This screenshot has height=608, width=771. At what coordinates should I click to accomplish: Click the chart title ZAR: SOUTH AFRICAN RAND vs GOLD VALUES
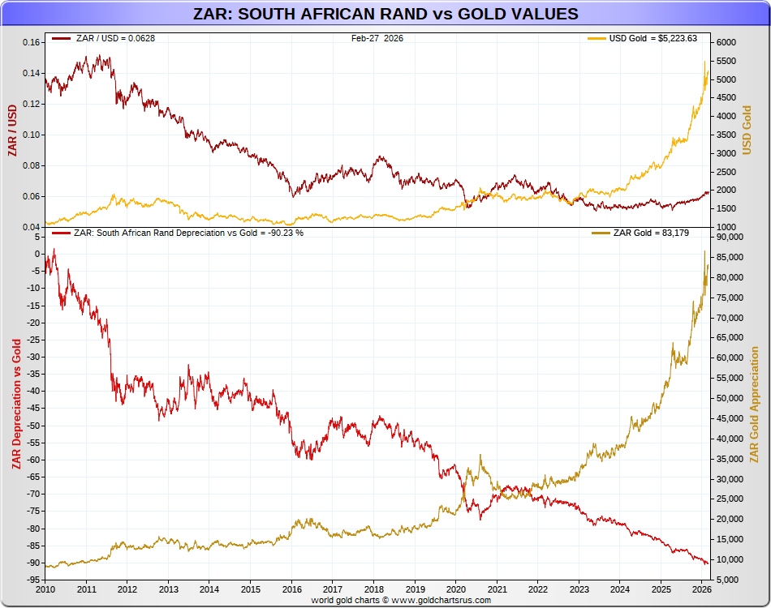[x=385, y=14]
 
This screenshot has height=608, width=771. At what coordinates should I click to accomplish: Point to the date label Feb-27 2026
[x=377, y=38]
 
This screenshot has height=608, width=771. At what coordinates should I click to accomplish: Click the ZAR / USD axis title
[x=12, y=131]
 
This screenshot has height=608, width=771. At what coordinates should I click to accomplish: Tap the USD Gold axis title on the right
[x=747, y=131]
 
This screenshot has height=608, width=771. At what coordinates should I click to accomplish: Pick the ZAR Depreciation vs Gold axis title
[x=15, y=405]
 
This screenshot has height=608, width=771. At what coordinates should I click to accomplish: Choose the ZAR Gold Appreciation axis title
[x=755, y=405]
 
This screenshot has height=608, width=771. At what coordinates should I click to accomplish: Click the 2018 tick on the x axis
[x=373, y=589]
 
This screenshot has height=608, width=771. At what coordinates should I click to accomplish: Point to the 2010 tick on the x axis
[x=45, y=589]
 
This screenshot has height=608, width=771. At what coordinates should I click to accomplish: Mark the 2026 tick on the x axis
[x=702, y=589]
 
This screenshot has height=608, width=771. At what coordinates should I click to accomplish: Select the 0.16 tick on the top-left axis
[x=30, y=42]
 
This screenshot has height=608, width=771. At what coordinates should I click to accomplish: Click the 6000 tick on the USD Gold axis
[x=726, y=42]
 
